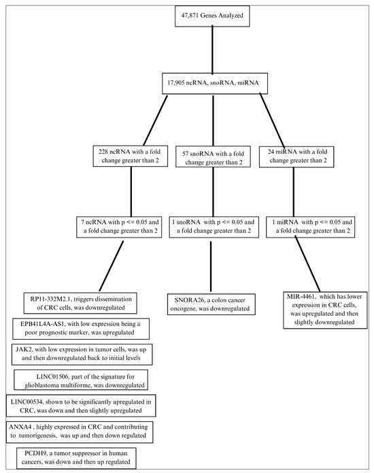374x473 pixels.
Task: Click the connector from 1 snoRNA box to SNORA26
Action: (211, 265)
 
